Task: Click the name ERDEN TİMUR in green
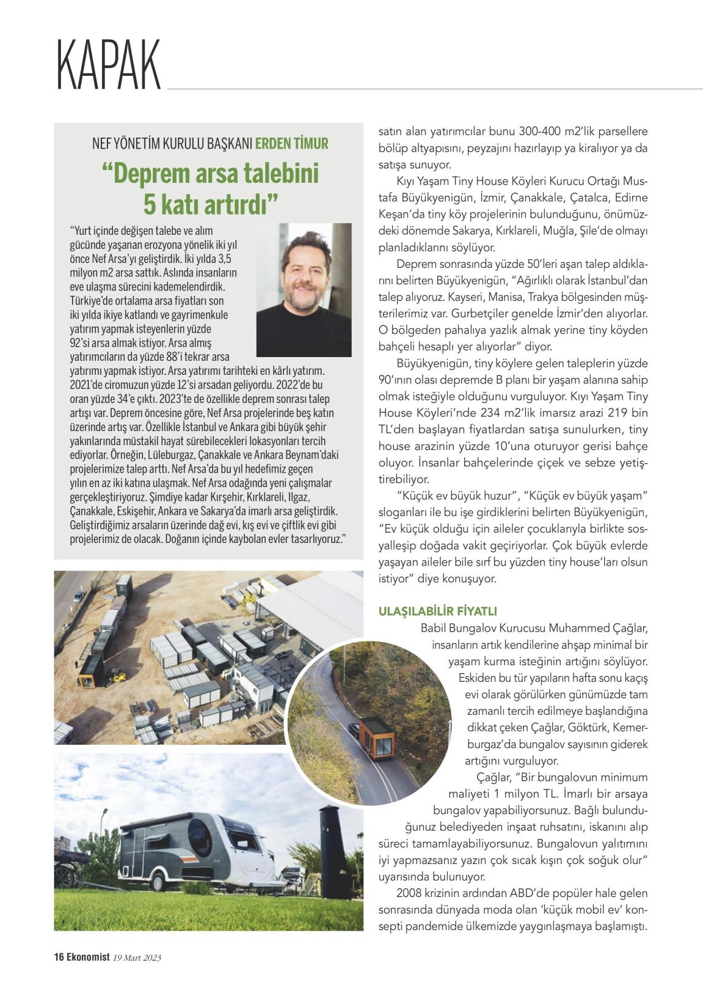click(291, 144)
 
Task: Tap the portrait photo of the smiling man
click(304, 289)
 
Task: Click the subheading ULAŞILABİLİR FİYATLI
click(438, 611)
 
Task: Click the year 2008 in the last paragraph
click(409, 893)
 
